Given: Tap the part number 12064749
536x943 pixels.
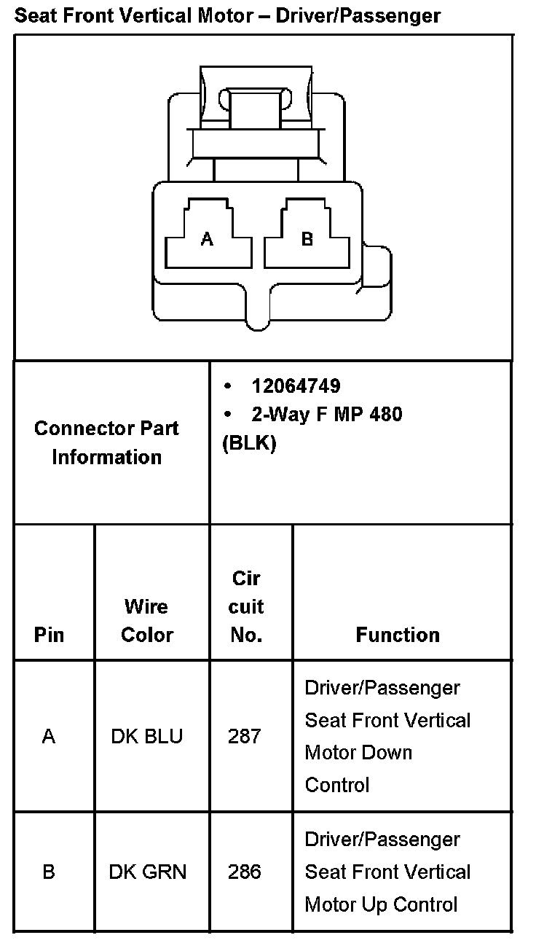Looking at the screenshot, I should pyautogui.click(x=296, y=386).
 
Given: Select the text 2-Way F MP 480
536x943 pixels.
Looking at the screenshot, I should pyautogui.click(x=326, y=414).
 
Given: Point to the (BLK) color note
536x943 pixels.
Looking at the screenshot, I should pyautogui.click(x=249, y=443).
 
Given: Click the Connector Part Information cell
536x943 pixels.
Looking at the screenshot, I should pyautogui.click(x=106, y=442).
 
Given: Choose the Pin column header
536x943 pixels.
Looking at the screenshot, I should pyautogui.click(x=49, y=635).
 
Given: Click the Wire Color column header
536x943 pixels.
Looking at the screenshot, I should pyautogui.click(x=146, y=620).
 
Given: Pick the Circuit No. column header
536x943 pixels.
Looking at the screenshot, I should pyautogui.click(x=246, y=606).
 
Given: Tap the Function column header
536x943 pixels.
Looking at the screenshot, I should pyautogui.click(x=398, y=635).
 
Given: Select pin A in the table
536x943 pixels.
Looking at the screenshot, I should pyautogui.click(x=49, y=737).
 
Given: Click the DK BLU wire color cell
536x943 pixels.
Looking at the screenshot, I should pyautogui.click(x=146, y=737).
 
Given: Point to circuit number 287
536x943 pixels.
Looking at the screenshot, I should pyautogui.click(x=244, y=737).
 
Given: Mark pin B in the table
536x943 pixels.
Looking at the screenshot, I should pyautogui.click(x=49, y=872).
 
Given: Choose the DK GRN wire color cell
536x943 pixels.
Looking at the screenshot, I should pyautogui.click(x=148, y=872).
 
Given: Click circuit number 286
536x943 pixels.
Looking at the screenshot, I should pyautogui.click(x=244, y=872).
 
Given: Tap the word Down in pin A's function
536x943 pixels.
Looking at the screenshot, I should pyautogui.click(x=388, y=753).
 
